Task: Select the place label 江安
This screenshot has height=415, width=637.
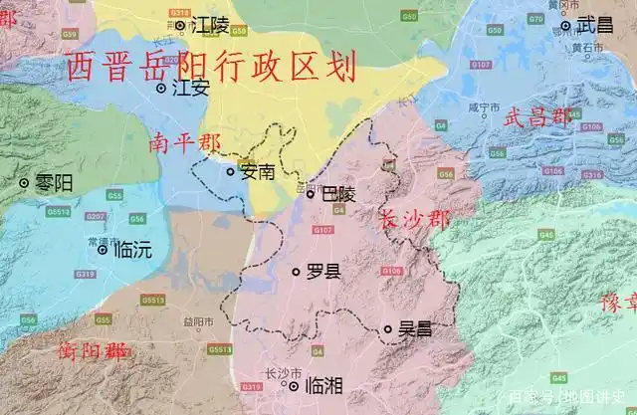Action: pyautogui.click(x=191, y=88)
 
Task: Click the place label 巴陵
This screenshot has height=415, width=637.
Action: pyautogui.click(x=338, y=195)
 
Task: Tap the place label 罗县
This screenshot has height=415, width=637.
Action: pyautogui.click(x=322, y=272)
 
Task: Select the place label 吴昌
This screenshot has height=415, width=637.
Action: pyautogui.click(x=414, y=328)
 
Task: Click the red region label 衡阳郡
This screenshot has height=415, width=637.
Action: pyautogui.click(x=93, y=351)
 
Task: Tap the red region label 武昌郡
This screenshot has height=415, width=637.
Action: pyautogui.click(x=538, y=117)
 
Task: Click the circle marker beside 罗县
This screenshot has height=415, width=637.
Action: pyautogui.click(x=296, y=272)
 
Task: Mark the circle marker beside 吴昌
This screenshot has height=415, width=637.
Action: pyautogui.click(x=388, y=328)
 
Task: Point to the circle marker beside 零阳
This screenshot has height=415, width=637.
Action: pyautogui.click(x=25, y=183)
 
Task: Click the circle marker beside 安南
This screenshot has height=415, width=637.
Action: pyautogui.click(x=231, y=171)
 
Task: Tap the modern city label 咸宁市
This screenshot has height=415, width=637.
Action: pyautogui.click(x=481, y=105)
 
